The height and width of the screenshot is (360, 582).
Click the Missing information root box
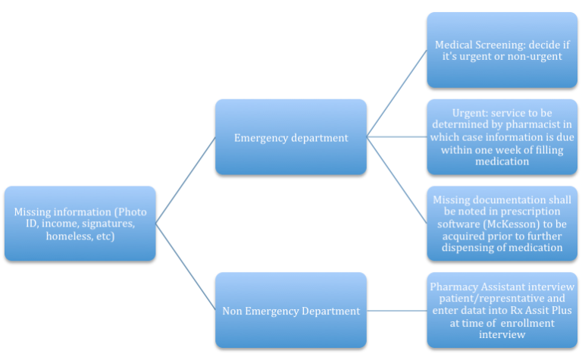tap(80, 224)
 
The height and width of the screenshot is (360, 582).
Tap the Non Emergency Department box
tap(290, 310)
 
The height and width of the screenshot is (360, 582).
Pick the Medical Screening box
tap(502, 49)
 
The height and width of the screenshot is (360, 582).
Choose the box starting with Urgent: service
tap(502, 136)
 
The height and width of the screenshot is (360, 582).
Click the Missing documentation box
tap(502, 224)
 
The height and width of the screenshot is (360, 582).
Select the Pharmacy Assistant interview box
tap(502, 310)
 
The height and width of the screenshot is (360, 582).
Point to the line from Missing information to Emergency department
tap(186, 180)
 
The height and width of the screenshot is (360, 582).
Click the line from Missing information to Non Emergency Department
tap(186, 267)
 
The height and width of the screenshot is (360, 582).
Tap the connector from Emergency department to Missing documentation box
tap(396, 180)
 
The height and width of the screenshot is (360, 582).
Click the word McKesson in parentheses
tap(508, 224)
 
